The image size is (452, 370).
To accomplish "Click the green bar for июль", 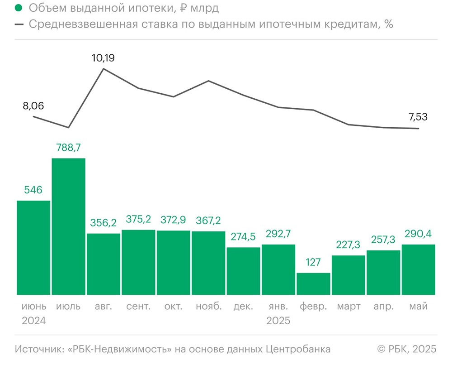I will tap(69, 226).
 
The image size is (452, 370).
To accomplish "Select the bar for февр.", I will tap(313, 284).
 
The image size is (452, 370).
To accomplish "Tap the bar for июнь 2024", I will tap(33, 248).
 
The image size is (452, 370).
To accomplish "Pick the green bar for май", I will tap(418, 270).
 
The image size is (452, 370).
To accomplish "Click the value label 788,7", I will tap(69, 148).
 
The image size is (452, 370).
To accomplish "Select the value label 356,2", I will tap(104, 223).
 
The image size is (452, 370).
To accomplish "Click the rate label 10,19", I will tap(104, 58).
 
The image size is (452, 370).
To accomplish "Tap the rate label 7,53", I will tap(418, 117).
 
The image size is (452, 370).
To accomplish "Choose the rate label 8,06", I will tap(33, 106).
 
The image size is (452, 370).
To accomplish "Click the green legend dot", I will tap(19, 9).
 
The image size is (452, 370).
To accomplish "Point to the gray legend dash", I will tap(19, 24).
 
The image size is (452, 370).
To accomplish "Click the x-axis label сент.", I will tap(138, 307).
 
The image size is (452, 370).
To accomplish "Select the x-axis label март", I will tap(348, 307).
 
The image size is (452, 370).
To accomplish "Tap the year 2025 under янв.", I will tap(278, 321).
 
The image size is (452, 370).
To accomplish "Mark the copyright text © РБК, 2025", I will tap(407, 349).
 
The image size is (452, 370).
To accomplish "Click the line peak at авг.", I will tap(104, 69).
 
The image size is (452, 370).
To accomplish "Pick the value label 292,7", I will tap(278, 234).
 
